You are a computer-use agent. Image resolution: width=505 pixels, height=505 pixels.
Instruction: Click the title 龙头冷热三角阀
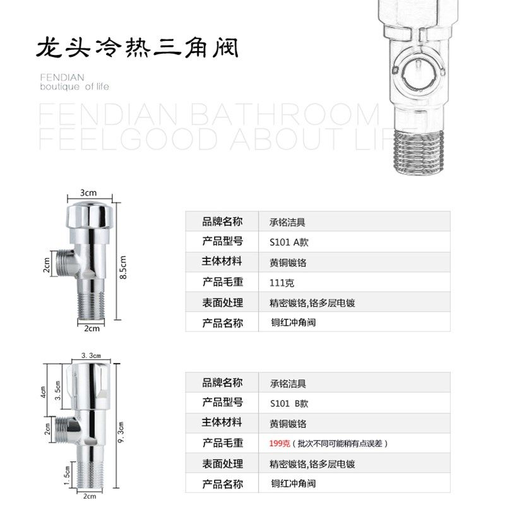point(138,47)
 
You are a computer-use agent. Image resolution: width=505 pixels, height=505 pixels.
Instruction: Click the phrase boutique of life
point(74,86)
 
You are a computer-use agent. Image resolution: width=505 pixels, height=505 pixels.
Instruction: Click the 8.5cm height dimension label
point(124,267)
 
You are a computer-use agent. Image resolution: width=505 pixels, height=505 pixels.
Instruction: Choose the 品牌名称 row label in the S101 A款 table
point(222,222)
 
